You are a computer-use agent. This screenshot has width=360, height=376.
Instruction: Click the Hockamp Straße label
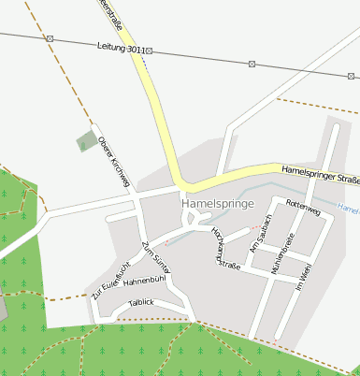tap(226, 248)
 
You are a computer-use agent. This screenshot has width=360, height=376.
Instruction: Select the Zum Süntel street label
tap(152, 258)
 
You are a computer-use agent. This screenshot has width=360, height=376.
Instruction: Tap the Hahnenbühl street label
tap(144, 280)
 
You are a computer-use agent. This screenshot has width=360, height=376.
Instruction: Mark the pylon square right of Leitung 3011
tap(150, 51)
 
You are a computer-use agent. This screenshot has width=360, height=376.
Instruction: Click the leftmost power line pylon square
tap(50, 38)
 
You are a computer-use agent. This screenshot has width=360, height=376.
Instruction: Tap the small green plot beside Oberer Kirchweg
tap(86, 142)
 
